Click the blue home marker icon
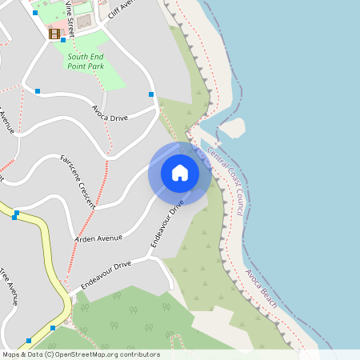pos(180,173)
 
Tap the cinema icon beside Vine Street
pos(54,34)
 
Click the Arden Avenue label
pos(98,238)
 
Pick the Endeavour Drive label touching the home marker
pos(167,223)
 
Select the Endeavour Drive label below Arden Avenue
pos(105,275)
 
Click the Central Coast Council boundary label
pos(225,182)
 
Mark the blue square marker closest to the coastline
pos(151,94)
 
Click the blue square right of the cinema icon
pos(63,39)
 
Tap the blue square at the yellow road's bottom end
pos(53,328)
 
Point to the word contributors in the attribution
pos(140,354)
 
